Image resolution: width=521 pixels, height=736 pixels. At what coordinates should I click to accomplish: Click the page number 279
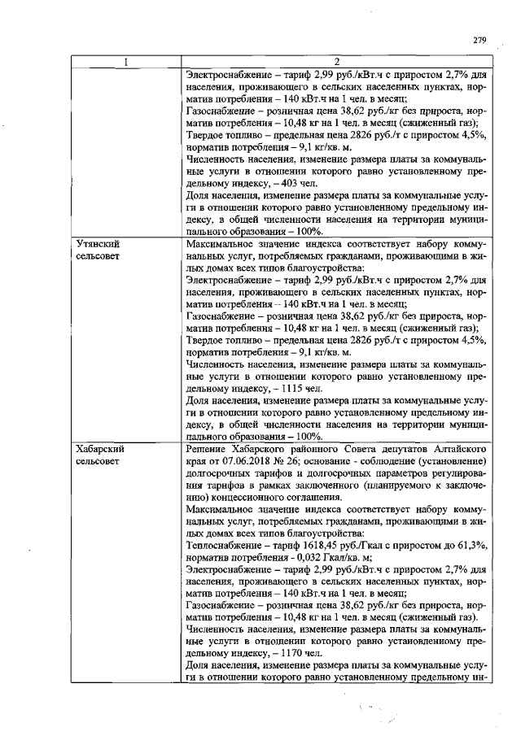click(x=479, y=41)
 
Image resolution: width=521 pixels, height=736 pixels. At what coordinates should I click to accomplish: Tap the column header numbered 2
click(x=335, y=62)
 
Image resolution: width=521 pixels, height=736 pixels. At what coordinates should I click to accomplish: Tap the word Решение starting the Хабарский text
click(x=209, y=449)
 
